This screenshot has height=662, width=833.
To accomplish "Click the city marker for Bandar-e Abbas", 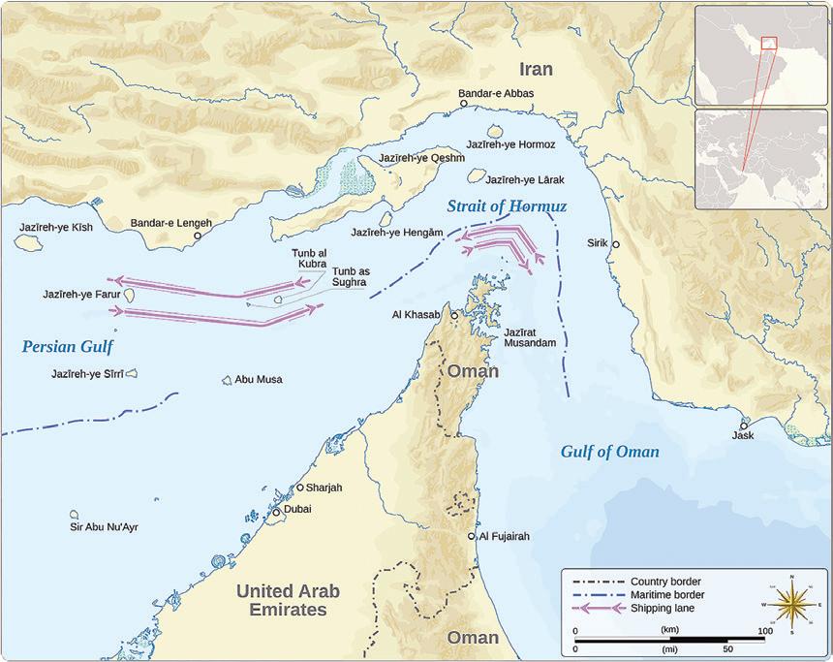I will coord(464,104).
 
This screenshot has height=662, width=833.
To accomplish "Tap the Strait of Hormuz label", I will coord(507,206).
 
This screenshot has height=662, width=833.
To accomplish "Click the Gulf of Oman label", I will coord(609,452).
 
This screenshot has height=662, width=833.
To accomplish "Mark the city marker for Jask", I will coord(744,426).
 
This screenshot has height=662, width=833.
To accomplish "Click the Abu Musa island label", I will coord(258,379).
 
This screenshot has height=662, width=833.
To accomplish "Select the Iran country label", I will coord(536,69).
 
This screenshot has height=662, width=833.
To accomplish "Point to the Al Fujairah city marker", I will coord(472,536).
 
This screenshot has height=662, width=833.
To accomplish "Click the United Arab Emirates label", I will coord(288,600).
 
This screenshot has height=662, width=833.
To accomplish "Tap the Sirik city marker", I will coord(615,245).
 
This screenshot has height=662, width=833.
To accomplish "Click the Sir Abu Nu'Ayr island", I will coord(74,515).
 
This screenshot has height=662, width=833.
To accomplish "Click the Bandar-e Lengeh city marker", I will coord(198,236).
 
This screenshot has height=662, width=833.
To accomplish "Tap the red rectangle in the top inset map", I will coord(768,42).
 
